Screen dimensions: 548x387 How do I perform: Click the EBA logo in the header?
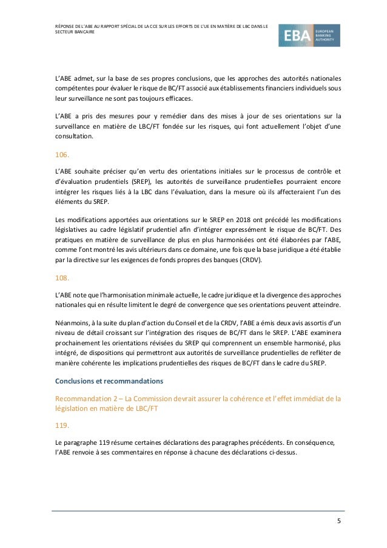coord(309,36)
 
